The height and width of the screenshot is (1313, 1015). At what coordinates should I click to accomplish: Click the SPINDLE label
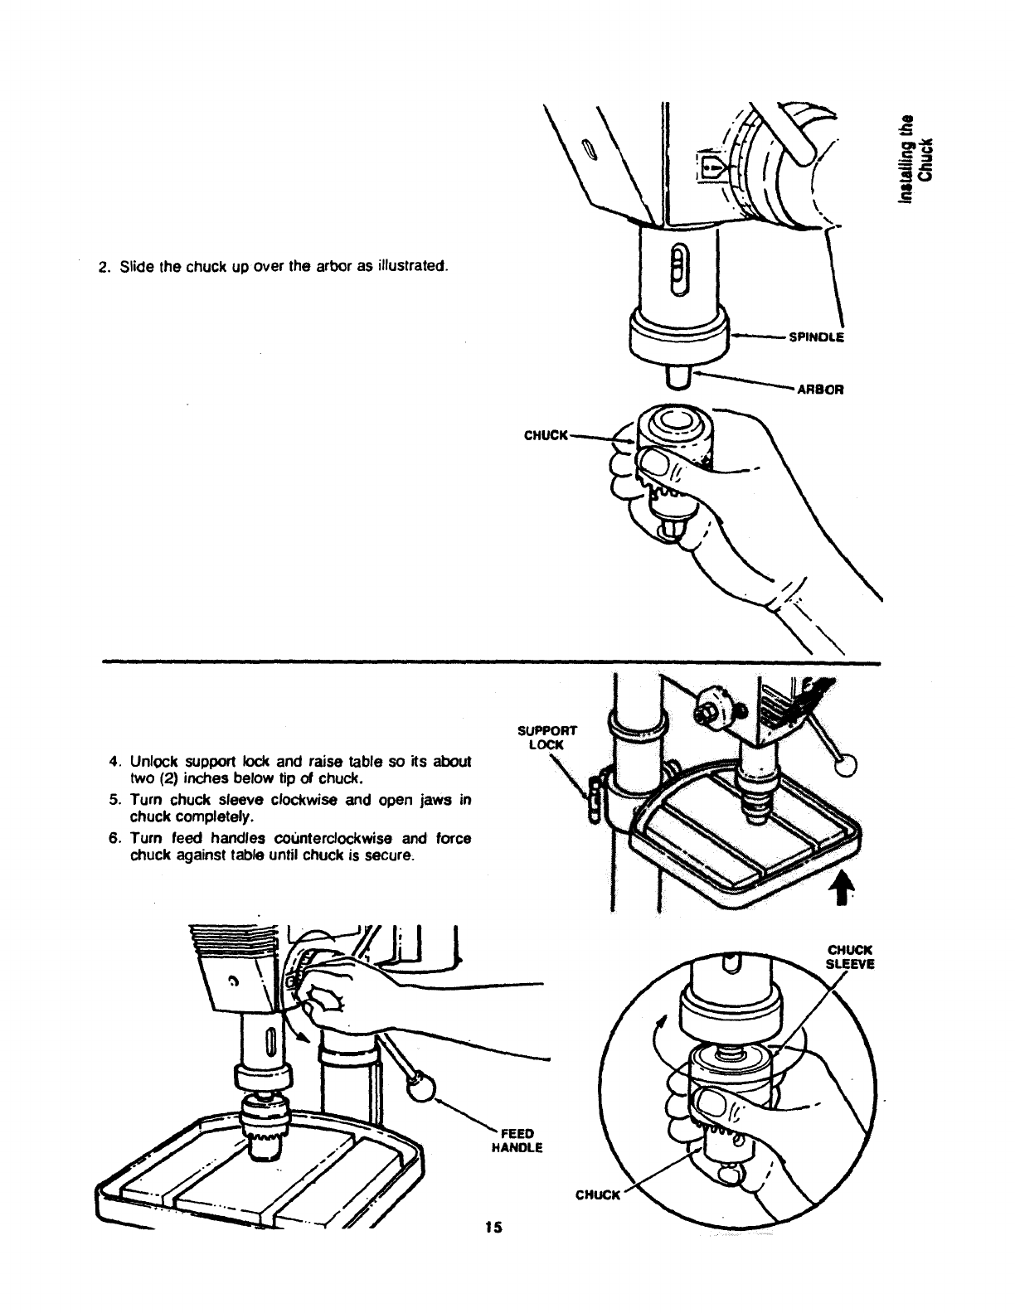tap(816, 337)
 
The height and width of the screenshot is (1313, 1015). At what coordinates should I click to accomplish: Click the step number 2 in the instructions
tap(104, 267)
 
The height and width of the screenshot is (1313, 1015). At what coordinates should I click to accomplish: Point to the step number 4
tap(113, 761)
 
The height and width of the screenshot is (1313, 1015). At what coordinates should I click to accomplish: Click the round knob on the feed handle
tap(420, 1087)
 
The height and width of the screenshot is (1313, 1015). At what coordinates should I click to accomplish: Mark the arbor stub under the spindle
tap(679, 377)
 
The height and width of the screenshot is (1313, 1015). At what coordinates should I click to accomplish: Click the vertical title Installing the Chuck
tap(920, 157)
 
